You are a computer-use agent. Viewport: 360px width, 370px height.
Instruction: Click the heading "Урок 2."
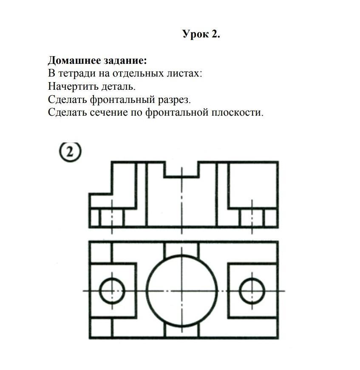(201, 34)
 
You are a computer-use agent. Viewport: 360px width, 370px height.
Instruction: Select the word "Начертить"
(72, 86)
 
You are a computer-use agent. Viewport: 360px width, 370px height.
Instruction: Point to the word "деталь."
(119, 86)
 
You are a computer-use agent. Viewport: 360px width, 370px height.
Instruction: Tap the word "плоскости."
(237, 112)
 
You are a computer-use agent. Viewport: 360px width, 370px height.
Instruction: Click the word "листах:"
(184, 74)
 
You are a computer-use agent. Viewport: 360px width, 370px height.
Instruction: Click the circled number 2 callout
(70, 152)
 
